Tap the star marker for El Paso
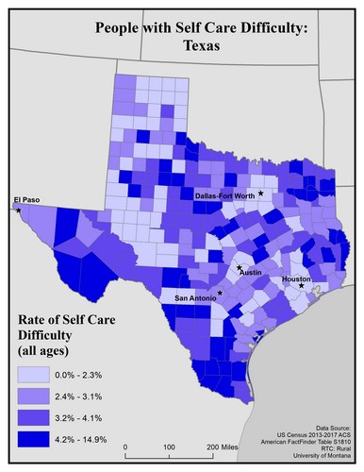point(18,210)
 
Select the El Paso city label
point(25,199)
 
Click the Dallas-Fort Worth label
point(224,195)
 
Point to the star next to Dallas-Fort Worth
point(261,193)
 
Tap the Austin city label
point(250,273)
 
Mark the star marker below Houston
point(301,287)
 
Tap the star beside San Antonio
point(220,293)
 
